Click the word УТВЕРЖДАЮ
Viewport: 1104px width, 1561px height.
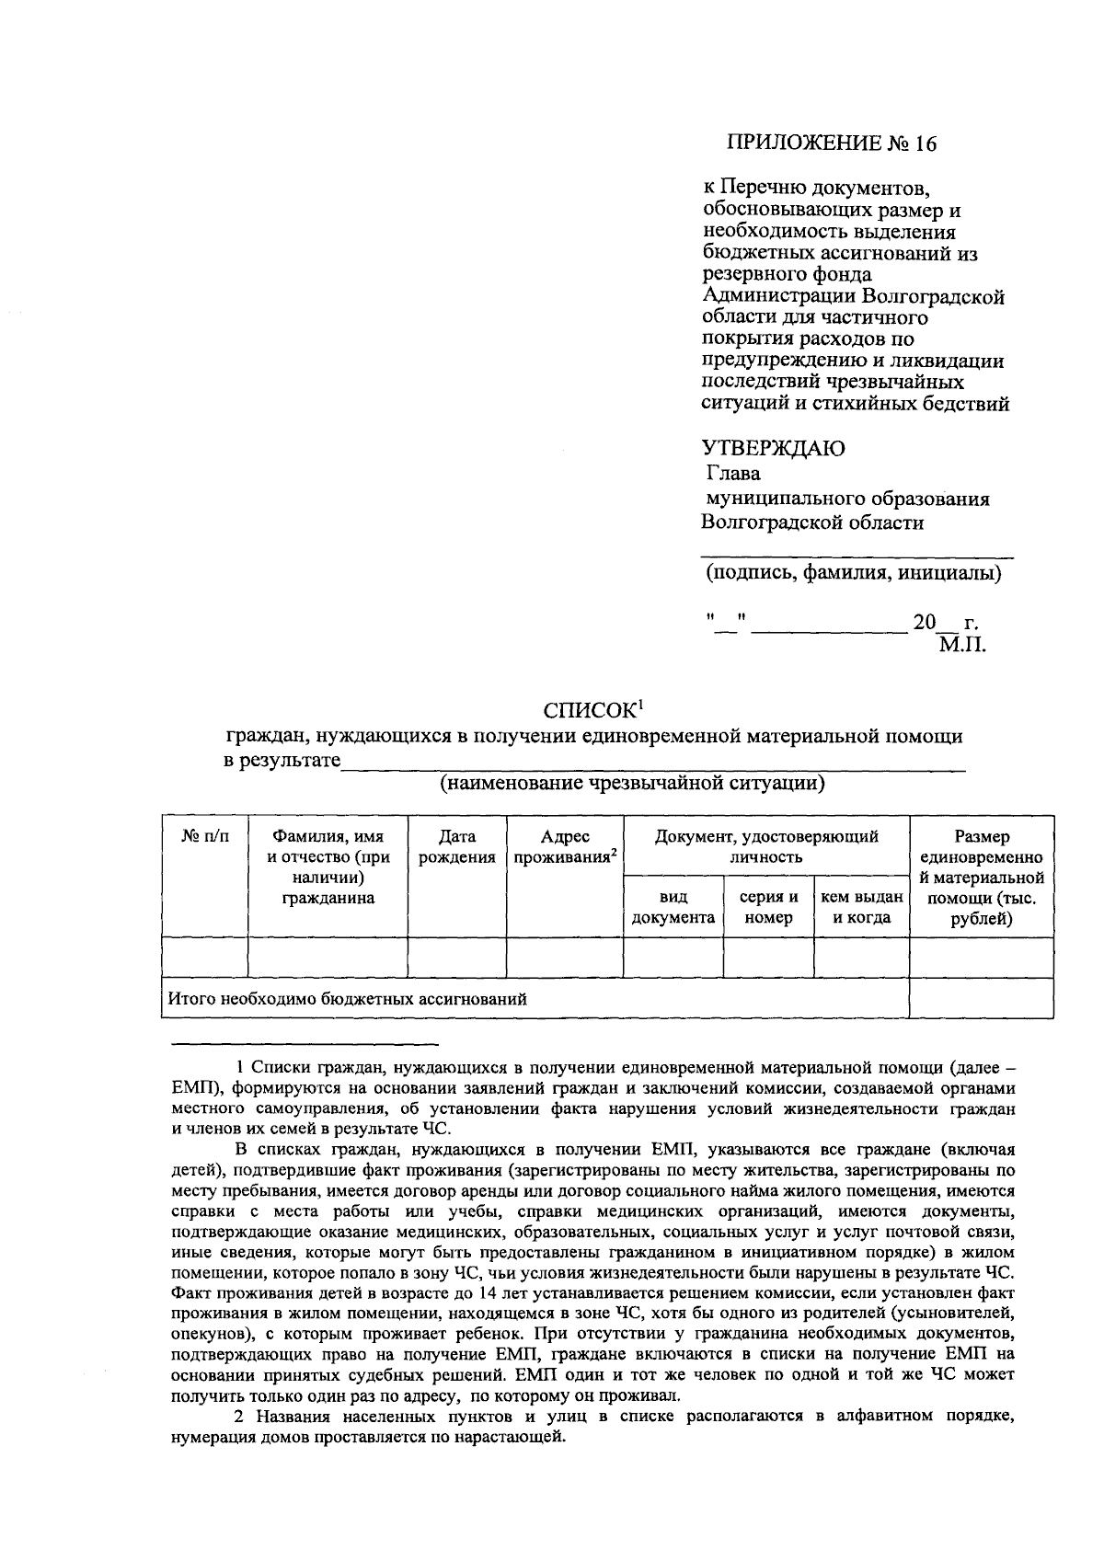773,449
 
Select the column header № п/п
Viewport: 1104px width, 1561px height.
205,837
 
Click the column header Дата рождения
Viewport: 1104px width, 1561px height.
457,847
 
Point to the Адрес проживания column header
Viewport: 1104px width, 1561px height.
564,847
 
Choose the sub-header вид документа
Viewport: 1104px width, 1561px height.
673,907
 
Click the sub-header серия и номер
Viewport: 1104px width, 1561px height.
769,907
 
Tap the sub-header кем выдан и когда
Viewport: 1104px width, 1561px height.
861,907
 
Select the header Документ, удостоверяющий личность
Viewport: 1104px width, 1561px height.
765,846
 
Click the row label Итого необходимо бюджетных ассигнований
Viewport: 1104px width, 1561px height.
346,999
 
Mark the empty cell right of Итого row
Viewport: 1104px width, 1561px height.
981,998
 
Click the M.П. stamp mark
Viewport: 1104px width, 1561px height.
961,645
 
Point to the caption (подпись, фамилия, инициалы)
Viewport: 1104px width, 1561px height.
853,574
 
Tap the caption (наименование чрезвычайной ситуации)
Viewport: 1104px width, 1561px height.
631,784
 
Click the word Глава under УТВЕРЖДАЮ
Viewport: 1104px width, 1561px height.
733,474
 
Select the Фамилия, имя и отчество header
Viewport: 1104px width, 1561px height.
328,867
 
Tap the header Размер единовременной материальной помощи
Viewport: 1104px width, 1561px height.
981,878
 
